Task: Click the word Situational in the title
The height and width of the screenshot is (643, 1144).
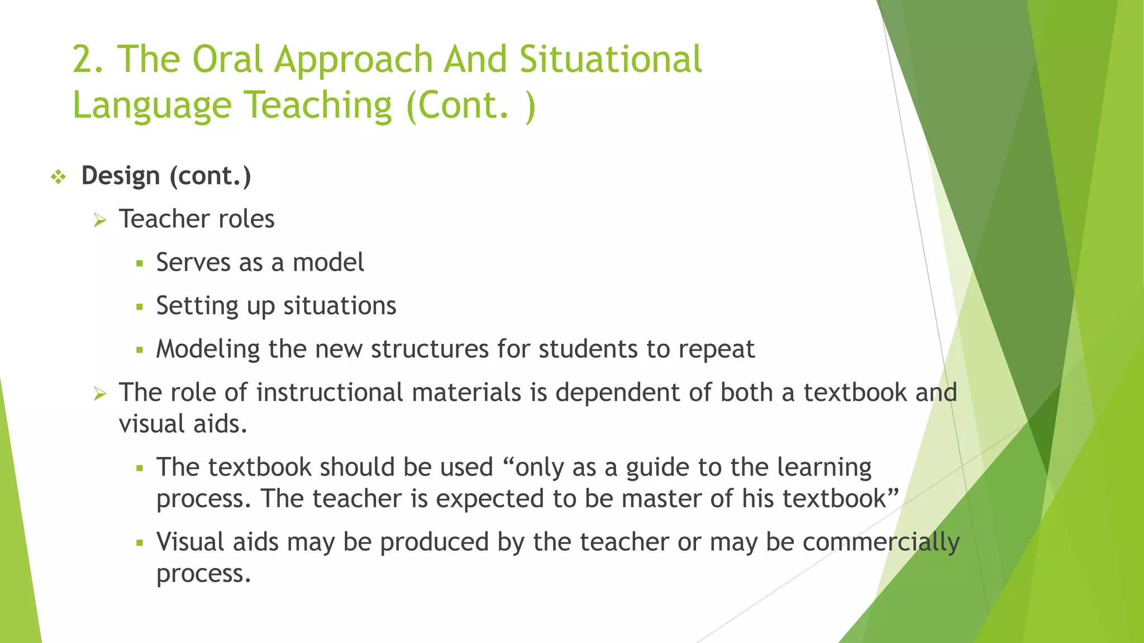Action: point(610,60)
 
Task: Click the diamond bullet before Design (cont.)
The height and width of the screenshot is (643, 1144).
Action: point(58,177)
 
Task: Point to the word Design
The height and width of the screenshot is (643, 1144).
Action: point(121,176)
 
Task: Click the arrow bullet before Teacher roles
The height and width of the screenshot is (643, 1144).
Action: point(100,220)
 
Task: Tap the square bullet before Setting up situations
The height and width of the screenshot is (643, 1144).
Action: point(140,306)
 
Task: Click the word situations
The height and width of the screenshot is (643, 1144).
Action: point(340,306)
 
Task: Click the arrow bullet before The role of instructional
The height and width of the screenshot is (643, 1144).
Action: point(100,394)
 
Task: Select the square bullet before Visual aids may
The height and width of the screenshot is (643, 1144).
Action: point(140,543)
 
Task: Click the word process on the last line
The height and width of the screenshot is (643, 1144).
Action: point(203,574)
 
